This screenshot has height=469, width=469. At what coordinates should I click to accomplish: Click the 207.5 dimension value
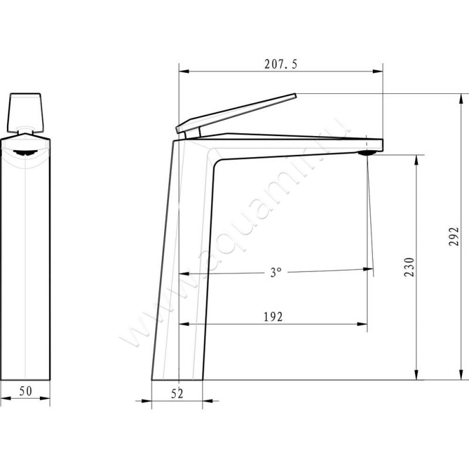point(281,64)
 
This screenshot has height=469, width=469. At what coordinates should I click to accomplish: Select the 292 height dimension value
point(454,236)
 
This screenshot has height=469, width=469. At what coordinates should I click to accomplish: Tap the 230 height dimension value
point(409,267)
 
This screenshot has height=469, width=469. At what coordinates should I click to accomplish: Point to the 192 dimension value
point(273,317)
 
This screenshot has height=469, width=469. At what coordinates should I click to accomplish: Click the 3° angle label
point(276,272)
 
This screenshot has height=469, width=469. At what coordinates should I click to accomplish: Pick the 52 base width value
point(177,394)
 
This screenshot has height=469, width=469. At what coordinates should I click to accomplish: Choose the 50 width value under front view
point(26,391)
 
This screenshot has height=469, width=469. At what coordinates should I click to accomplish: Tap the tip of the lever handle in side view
point(295,96)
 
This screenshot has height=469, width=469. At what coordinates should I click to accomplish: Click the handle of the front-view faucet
point(25,113)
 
